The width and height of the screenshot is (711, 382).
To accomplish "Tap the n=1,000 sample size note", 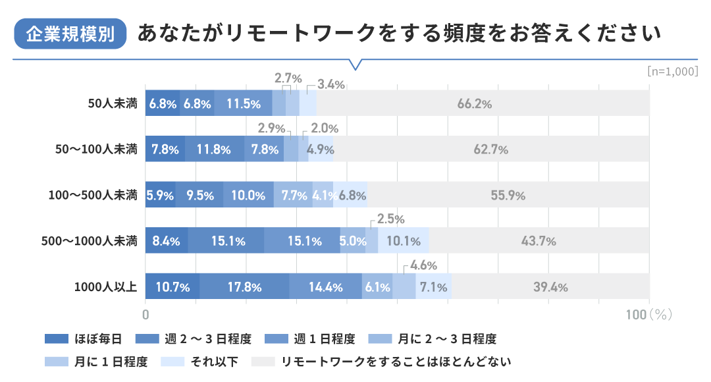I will click(x=672, y=71).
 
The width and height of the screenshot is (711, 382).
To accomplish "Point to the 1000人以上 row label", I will click(x=106, y=286).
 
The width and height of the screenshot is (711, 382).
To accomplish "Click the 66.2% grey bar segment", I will click(x=483, y=103).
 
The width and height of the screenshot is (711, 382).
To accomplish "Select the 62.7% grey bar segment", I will click(x=491, y=150).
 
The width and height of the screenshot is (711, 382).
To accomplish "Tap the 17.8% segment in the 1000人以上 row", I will click(x=244, y=287).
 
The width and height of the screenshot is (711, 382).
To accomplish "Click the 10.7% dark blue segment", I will click(x=172, y=287).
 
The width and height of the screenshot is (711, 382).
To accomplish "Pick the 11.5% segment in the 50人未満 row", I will click(x=244, y=103).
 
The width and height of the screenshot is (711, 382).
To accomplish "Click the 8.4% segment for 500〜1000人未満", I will click(x=167, y=241).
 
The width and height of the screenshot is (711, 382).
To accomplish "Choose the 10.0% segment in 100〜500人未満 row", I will click(x=248, y=195).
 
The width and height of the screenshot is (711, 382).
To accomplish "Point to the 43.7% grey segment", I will click(x=539, y=241).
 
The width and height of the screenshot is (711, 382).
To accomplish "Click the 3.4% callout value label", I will click(x=331, y=84).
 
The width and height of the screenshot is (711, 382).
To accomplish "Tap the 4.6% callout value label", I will click(x=424, y=266).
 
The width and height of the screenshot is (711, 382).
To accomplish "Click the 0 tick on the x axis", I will click(x=145, y=314).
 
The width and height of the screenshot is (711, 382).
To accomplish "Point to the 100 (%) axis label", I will click(x=648, y=314).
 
